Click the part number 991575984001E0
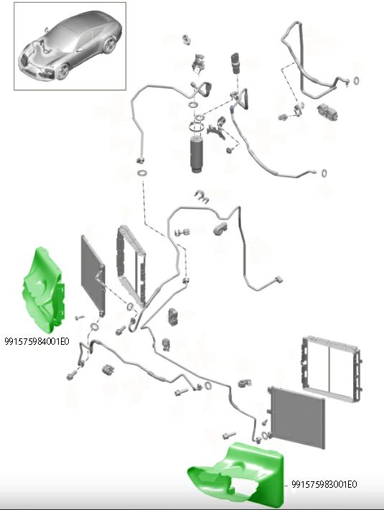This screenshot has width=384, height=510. click(37, 341)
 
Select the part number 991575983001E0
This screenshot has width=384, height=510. click(324, 484)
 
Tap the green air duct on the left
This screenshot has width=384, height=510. click(44, 290)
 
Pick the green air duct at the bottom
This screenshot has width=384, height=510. click(237, 476)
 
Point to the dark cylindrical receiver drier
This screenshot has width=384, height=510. click(196, 155)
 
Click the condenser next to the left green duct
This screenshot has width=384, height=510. click(93, 276)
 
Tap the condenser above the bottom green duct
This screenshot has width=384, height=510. click(296, 417)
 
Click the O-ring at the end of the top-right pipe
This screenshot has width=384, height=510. click(356, 80)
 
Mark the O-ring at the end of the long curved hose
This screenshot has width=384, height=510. click(324, 173)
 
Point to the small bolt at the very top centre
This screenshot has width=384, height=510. click(187, 40)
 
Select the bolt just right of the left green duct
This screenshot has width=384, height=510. click(79, 317)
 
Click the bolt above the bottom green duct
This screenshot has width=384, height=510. click(230, 435)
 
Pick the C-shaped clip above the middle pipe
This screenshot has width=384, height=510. click(202, 196)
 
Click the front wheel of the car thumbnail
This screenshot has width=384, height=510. click(63, 71)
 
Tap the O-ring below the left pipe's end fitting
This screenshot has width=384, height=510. click(142, 172)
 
